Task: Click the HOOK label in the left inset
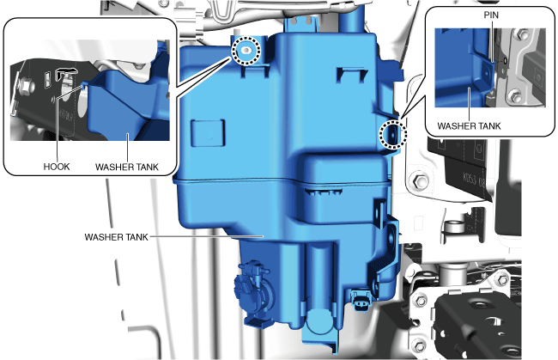56,167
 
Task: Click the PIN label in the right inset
491,15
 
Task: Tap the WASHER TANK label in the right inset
469,126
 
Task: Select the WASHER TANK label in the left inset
127,167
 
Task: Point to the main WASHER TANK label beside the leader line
116,237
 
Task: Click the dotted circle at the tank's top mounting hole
246,51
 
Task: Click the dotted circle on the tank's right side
392,134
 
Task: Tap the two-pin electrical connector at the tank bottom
361,300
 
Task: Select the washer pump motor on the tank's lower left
253,290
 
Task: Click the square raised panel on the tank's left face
209,133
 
